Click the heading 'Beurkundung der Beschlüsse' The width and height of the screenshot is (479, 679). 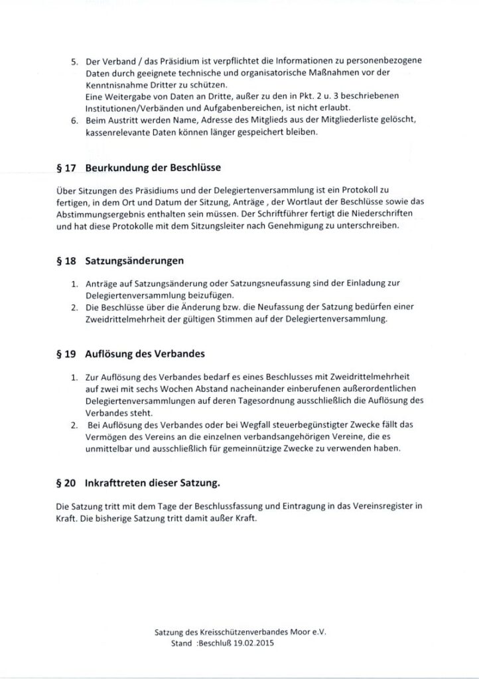tap(153, 167)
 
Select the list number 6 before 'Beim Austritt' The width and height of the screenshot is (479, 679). tap(74, 119)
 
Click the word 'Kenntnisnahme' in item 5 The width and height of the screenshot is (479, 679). tap(117, 86)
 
